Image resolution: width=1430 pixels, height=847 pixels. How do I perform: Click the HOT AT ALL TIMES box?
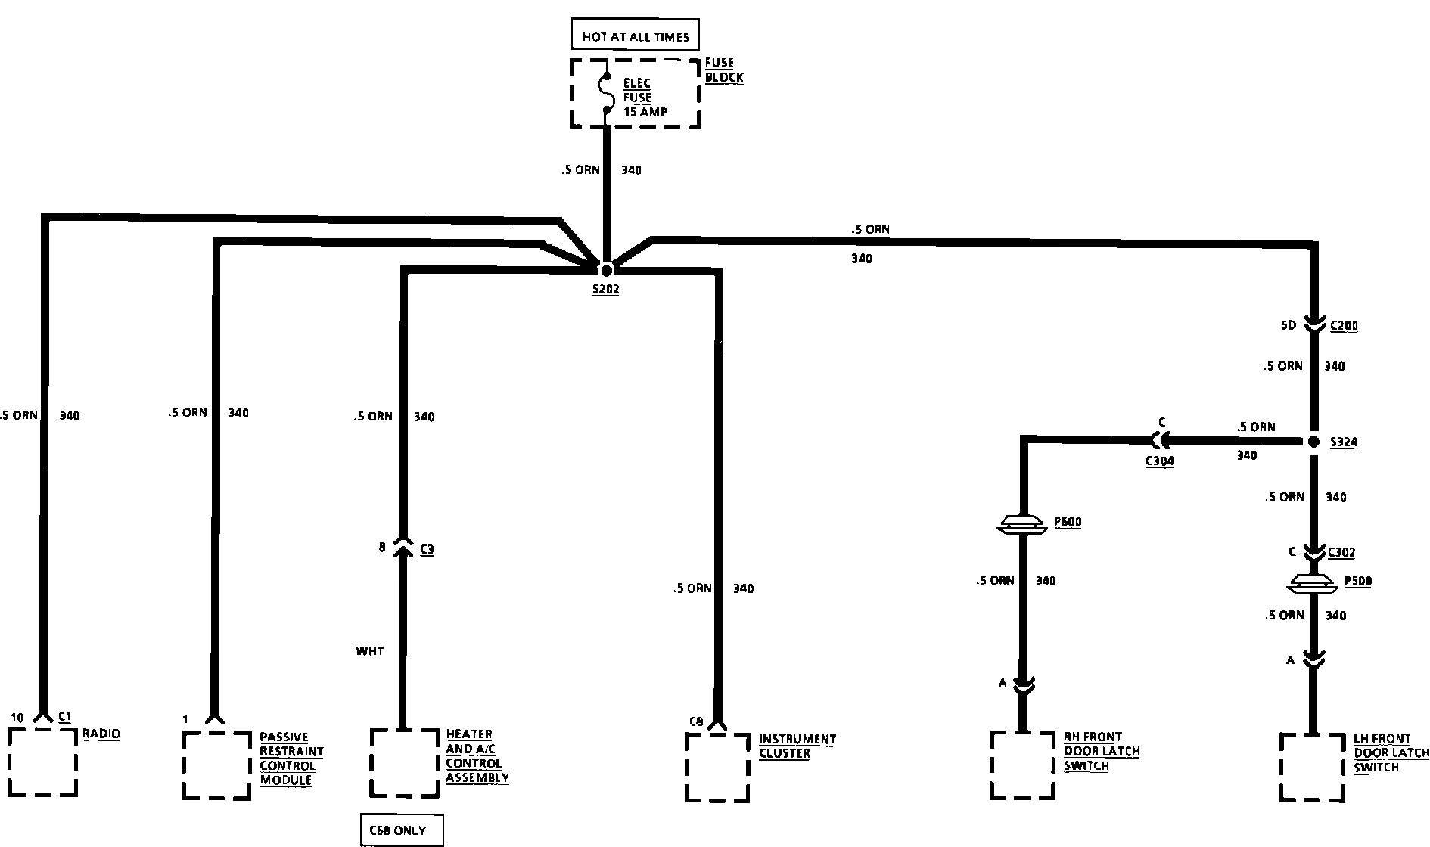click(635, 36)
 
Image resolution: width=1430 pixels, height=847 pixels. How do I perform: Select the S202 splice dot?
click(606, 269)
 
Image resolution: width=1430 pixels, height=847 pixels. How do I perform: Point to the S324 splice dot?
click(1314, 442)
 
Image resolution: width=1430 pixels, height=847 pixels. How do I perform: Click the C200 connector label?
click(1344, 326)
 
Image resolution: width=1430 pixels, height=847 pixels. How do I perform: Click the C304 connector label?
click(1159, 461)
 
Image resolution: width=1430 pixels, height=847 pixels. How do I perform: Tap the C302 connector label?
click(1341, 552)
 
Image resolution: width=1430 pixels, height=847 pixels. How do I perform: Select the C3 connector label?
click(427, 550)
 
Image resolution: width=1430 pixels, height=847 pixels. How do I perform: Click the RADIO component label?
click(101, 733)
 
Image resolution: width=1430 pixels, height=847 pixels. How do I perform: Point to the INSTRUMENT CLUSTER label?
click(797, 746)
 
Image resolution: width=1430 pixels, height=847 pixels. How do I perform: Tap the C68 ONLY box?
click(401, 830)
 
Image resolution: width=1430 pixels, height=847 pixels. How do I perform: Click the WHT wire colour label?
click(369, 650)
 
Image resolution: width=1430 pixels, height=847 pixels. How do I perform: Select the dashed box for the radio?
click(43, 762)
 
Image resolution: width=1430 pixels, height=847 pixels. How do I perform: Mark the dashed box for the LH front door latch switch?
click(1313, 767)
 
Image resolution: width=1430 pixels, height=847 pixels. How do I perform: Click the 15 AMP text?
click(645, 112)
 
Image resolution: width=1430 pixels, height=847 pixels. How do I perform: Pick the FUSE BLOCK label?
click(723, 70)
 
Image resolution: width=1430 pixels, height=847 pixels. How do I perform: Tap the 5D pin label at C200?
click(1288, 326)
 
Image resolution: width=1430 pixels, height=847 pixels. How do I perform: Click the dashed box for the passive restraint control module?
click(217, 765)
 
